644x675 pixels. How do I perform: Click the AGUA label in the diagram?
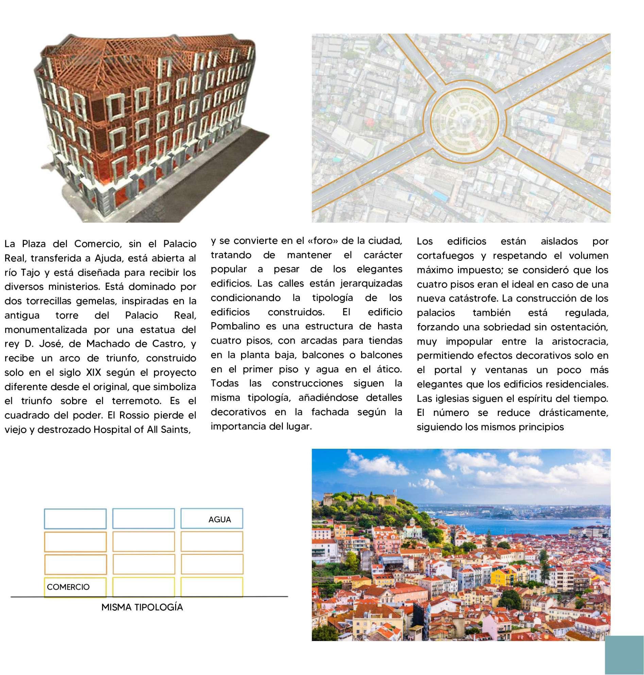(x=219, y=520)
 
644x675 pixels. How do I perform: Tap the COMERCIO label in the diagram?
(x=68, y=587)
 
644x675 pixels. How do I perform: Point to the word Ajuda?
(x=102, y=258)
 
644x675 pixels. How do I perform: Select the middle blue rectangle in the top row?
(x=143, y=519)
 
